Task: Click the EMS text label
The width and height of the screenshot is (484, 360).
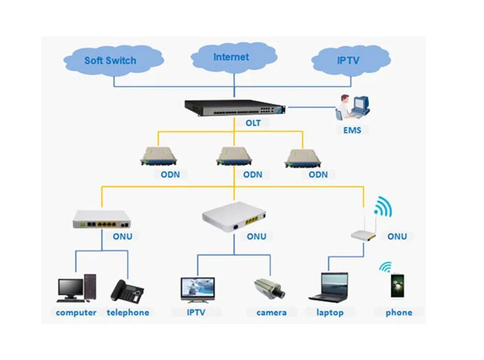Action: pos(352,130)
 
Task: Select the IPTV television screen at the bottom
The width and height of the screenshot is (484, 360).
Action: pos(197,289)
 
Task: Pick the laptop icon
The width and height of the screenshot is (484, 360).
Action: pos(329,287)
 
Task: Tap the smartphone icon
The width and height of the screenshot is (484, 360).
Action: pos(398,285)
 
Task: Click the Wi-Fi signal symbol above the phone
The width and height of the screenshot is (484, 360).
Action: pos(387,267)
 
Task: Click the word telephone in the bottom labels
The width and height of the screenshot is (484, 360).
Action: pos(128,312)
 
